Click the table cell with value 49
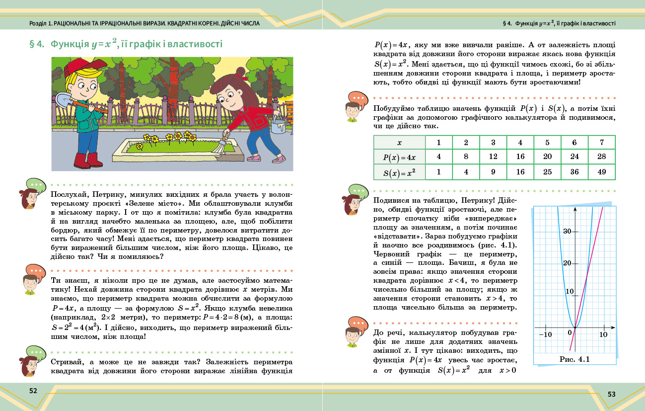click(x=601, y=172)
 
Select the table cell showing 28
click(x=601, y=157)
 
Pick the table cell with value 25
click(x=547, y=172)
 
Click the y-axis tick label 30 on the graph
click(x=568, y=231)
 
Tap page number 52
click(x=33, y=391)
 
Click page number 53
click(x=611, y=394)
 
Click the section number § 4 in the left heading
click(x=38, y=44)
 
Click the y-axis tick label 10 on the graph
click(x=568, y=291)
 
